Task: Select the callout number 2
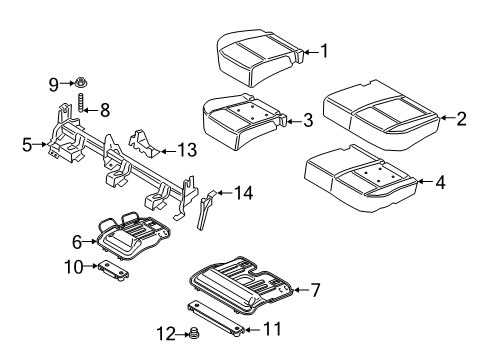click(x=461, y=119)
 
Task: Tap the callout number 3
click(x=308, y=121)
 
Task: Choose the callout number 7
click(x=314, y=290)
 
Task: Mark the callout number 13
click(x=185, y=150)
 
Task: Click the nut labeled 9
click(x=80, y=82)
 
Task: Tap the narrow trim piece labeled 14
click(x=206, y=209)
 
